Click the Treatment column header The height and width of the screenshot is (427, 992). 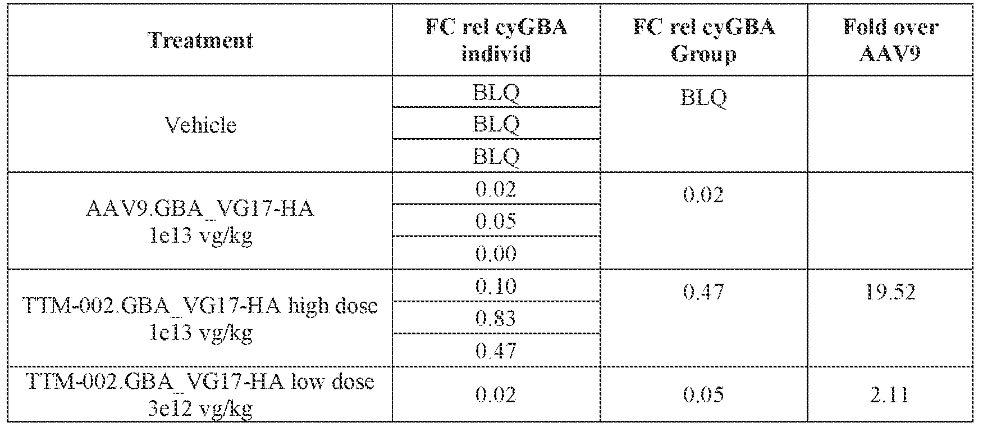(x=200, y=40)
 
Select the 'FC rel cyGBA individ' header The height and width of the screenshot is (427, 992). (x=496, y=40)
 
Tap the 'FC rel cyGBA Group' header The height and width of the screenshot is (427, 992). (x=703, y=40)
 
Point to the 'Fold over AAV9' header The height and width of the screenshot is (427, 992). (x=890, y=40)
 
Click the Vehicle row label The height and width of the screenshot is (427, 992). (x=200, y=124)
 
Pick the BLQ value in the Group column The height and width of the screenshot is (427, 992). (x=703, y=98)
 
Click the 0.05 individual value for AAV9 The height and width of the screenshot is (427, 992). (x=496, y=221)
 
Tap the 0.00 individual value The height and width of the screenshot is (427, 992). (x=496, y=253)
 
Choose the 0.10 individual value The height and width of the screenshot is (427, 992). (x=496, y=286)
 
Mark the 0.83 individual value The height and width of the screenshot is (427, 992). (x=496, y=319)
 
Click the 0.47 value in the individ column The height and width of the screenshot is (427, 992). (x=496, y=351)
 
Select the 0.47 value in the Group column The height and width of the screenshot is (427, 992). (x=703, y=292)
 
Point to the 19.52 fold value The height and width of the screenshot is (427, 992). (x=890, y=292)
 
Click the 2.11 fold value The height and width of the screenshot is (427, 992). (x=890, y=394)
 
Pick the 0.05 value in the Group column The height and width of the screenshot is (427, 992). (x=703, y=394)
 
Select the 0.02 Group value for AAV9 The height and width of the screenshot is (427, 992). (x=703, y=195)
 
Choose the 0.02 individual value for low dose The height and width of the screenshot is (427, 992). (x=496, y=394)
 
